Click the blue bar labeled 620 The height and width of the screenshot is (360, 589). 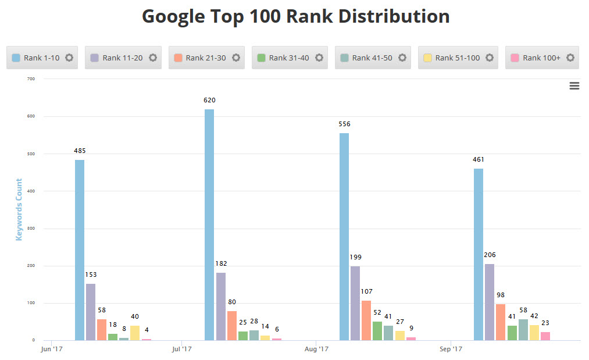click(x=209, y=224)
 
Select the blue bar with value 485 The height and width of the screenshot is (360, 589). click(x=80, y=250)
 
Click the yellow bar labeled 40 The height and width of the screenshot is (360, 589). click(x=135, y=333)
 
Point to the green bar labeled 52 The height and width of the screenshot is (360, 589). click(x=377, y=330)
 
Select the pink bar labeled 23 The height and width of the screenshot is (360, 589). click(x=545, y=336)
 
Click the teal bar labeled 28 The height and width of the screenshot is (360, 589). click(x=254, y=335)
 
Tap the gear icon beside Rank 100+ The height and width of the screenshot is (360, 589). click(x=570, y=58)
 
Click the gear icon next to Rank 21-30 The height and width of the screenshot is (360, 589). click(x=236, y=58)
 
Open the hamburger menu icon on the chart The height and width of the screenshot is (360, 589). click(x=574, y=86)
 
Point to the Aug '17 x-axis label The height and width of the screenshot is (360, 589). click(x=317, y=350)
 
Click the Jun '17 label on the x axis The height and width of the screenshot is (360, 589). click(x=52, y=350)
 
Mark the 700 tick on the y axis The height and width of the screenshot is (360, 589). click(x=30, y=79)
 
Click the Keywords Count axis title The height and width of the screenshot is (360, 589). click(x=19, y=209)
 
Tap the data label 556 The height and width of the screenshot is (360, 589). click(x=344, y=124)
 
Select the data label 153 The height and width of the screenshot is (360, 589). click(x=91, y=275)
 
